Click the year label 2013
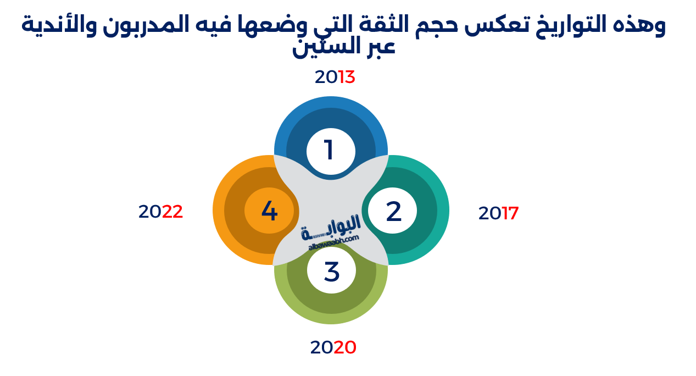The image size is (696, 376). pyautogui.click(x=335, y=77)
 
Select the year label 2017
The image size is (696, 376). pyautogui.click(x=498, y=213)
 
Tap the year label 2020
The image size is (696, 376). pyautogui.click(x=333, y=347)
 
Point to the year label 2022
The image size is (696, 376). pyautogui.click(x=160, y=212)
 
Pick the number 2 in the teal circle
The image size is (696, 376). pyautogui.click(x=393, y=212)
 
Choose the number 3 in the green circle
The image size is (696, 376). pyautogui.click(x=331, y=272)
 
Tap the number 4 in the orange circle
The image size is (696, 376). pyautogui.click(x=269, y=211)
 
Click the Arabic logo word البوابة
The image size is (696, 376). pyautogui.click(x=332, y=226)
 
